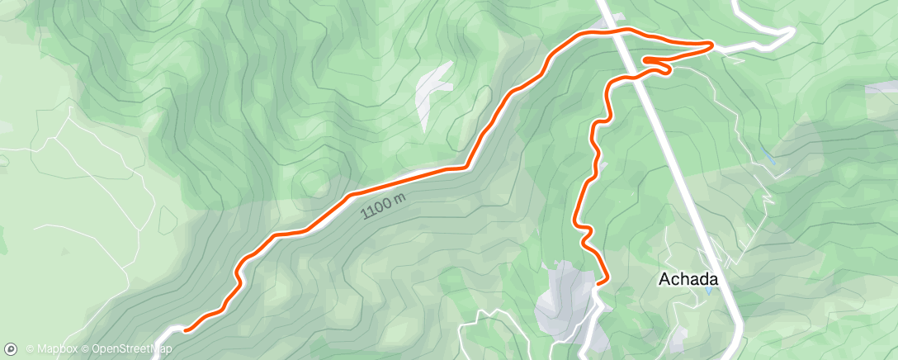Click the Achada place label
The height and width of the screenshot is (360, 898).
[x=688, y=279]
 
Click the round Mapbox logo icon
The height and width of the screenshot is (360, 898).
[x=12, y=349]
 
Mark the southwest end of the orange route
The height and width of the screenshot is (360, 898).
[x=184, y=330]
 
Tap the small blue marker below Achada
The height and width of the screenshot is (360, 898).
[x=708, y=291]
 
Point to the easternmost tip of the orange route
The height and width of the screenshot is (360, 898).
[x=712, y=44]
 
